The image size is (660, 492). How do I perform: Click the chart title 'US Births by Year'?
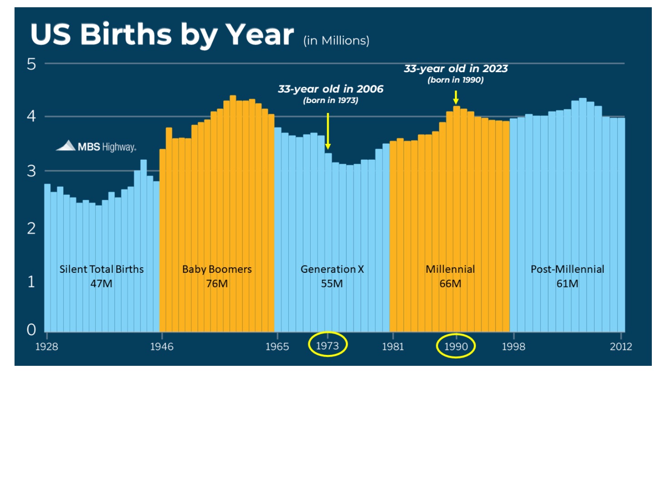click(x=162, y=35)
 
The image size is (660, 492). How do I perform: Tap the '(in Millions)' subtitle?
click(x=336, y=41)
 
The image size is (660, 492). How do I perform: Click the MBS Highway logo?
click(x=96, y=146)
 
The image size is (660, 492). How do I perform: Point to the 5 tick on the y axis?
click(x=31, y=64)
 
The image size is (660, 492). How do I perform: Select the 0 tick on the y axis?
click(x=31, y=330)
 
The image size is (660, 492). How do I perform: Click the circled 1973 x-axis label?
click(x=327, y=346)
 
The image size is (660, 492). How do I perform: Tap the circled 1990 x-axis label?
click(x=456, y=347)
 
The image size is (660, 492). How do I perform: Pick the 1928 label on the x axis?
click(x=46, y=347)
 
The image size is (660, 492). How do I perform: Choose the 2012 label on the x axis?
click(x=621, y=347)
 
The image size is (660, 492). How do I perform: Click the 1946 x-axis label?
click(x=162, y=347)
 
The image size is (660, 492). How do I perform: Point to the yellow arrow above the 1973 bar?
click(x=328, y=132)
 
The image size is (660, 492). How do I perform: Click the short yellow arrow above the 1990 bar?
click(x=456, y=97)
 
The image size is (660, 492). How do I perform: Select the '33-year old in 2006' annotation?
click(x=330, y=89)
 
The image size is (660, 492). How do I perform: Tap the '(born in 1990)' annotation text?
click(x=455, y=80)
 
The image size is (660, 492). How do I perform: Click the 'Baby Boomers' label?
click(x=217, y=269)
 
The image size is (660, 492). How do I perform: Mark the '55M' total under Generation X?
click(x=332, y=284)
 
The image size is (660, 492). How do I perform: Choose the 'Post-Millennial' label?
click(x=567, y=269)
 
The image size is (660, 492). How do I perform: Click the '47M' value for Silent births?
click(x=101, y=284)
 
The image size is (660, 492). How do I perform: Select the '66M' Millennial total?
click(x=450, y=284)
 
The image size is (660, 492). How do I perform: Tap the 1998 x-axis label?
click(x=513, y=347)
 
